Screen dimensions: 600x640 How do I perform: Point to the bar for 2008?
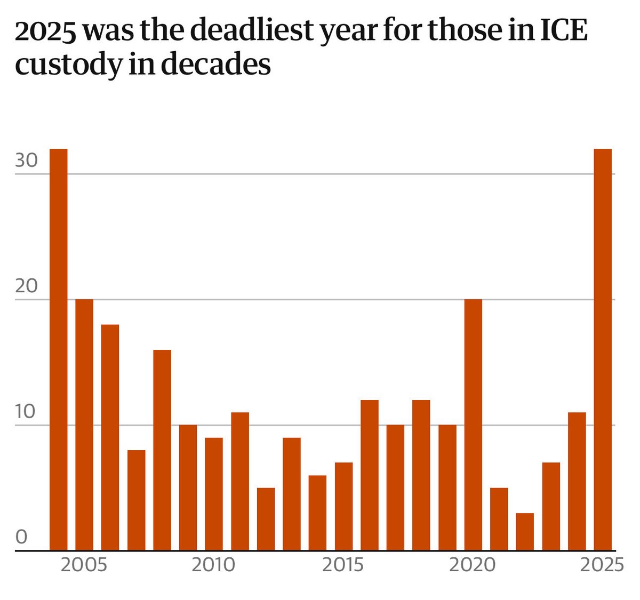point(162,450)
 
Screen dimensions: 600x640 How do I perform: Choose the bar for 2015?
point(343,506)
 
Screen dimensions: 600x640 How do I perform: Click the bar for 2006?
point(110,437)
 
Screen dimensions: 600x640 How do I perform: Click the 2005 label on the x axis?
point(84,565)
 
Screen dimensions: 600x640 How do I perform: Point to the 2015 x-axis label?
point(343,565)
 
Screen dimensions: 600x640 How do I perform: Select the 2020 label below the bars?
point(473,565)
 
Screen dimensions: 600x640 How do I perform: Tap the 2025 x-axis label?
point(602,565)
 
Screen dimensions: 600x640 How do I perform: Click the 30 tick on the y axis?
point(26,160)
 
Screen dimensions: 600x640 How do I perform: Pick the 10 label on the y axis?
point(26,412)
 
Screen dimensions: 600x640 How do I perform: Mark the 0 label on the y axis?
point(21,537)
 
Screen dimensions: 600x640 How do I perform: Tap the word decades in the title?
point(215,65)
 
